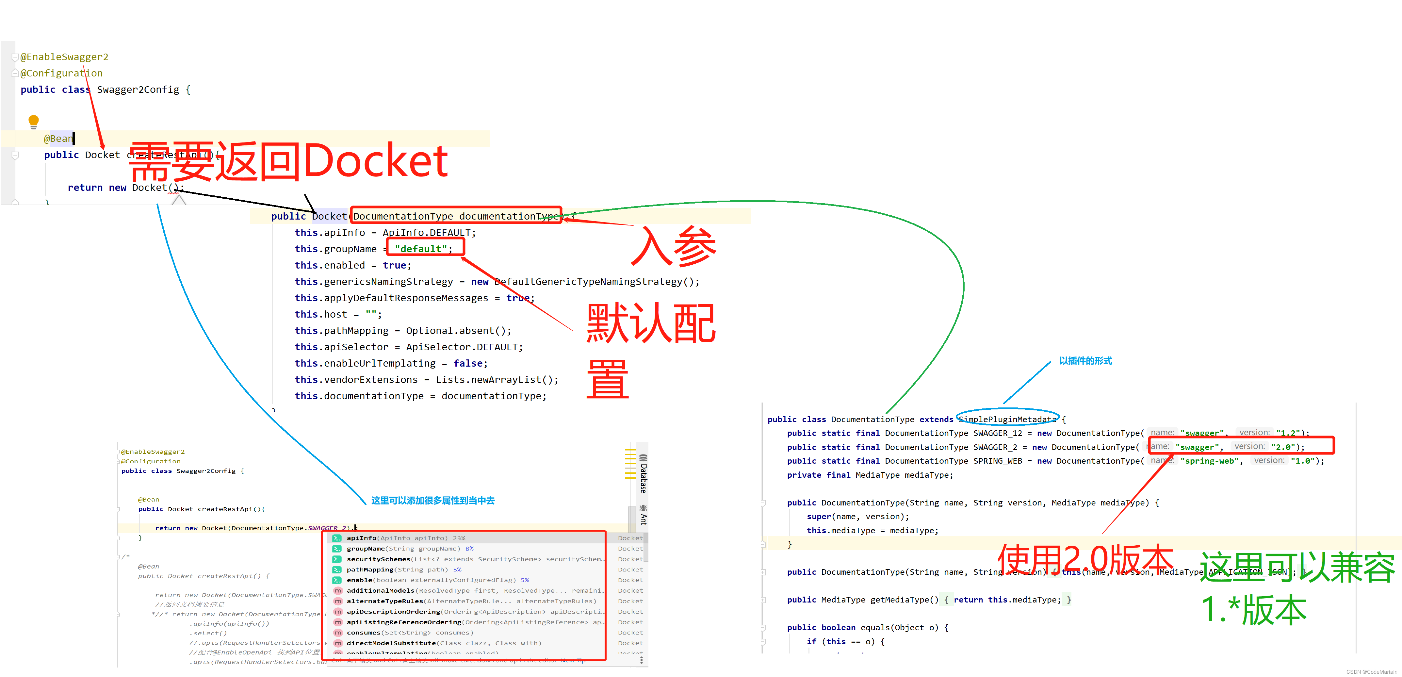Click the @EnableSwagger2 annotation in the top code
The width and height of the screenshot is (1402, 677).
(x=64, y=57)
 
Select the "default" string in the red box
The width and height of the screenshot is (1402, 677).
(x=421, y=249)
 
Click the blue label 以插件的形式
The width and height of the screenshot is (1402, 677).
(x=1085, y=361)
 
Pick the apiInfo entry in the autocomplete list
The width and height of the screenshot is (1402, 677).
(x=361, y=538)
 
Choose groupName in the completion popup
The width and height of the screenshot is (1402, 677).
(x=366, y=549)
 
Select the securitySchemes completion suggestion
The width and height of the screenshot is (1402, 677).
(x=378, y=559)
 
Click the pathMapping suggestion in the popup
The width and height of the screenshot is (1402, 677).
(x=370, y=569)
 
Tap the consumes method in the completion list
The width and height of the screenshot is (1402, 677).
(x=364, y=632)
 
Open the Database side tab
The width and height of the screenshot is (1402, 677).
(x=643, y=473)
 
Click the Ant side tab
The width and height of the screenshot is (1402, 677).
(x=643, y=515)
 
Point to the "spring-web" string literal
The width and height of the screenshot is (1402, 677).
(x=1209, y=461)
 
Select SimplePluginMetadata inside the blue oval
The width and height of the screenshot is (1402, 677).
(x=1007, y=419)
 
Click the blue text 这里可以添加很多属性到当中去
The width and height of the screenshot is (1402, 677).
(x=433, y=500)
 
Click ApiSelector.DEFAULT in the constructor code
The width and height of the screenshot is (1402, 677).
(x=464, y=347)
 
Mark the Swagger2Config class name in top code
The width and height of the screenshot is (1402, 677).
(x=138, y=89)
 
